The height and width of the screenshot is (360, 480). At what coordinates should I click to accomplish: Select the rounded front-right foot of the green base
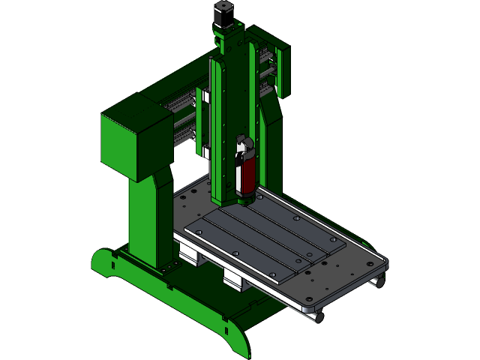click(x=236, y=337)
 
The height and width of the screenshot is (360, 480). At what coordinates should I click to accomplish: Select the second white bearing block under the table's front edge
click(x=235, y=280)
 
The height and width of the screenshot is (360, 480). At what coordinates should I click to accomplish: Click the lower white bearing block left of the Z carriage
click(x=205, y=152)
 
